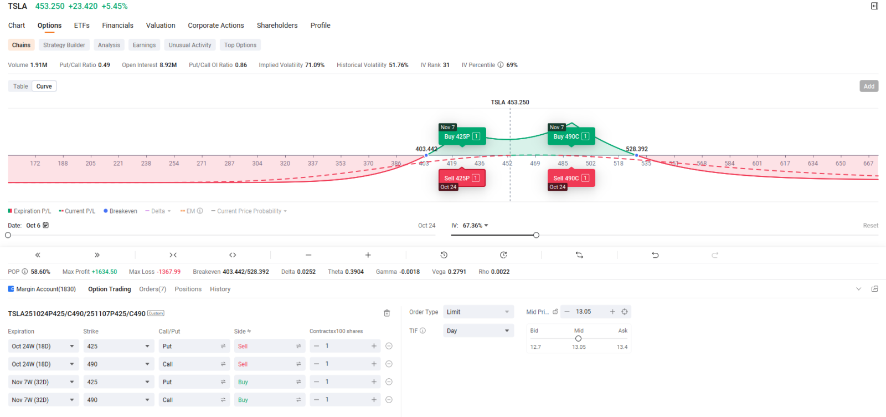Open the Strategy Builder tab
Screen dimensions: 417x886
64,45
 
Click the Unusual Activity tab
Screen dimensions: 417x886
190,45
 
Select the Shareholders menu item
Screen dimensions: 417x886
277,26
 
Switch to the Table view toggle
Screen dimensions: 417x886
20,87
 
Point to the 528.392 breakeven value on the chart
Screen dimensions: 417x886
637,149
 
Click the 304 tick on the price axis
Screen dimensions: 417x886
257,164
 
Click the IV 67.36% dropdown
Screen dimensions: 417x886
475,226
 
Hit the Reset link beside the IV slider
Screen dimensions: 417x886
870,226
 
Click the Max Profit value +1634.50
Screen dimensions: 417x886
104,272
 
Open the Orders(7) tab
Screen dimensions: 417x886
152,289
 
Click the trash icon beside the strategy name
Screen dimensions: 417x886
387,313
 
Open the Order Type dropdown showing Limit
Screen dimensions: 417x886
478,312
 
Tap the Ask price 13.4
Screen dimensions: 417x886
622,347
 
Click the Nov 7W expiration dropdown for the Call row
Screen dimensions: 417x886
43,400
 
